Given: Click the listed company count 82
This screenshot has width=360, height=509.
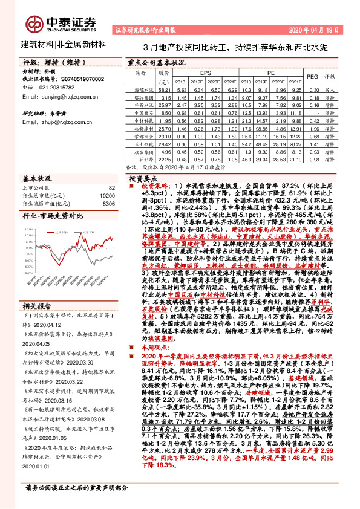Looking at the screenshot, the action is (x=111, y=189).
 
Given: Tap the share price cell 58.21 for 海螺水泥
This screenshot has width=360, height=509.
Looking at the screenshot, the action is (x=164, y=89).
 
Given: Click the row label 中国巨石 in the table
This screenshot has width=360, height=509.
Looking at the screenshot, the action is (x=142, y=112).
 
